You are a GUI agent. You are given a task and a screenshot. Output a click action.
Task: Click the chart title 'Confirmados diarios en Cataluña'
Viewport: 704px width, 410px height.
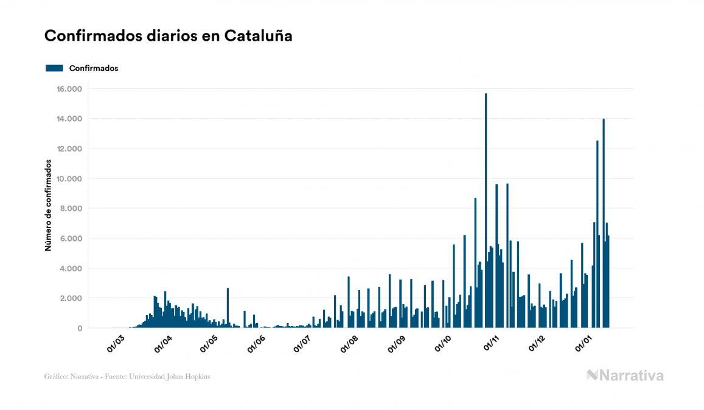pos(169,36)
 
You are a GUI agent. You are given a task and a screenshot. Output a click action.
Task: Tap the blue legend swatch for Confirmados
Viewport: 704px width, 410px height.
pos(55,68)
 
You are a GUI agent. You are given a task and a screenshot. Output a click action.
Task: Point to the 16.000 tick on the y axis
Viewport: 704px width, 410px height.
pos(69,89)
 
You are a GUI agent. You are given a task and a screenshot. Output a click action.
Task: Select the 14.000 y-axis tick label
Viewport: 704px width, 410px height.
pos(69,119)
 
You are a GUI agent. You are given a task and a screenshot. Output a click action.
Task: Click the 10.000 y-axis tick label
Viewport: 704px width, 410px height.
pos(69,179)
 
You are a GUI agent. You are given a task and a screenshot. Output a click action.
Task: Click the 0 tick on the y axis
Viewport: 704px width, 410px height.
pos(79,328)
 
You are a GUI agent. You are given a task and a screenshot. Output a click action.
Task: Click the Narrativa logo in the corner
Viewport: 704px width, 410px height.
pos(625,375)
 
